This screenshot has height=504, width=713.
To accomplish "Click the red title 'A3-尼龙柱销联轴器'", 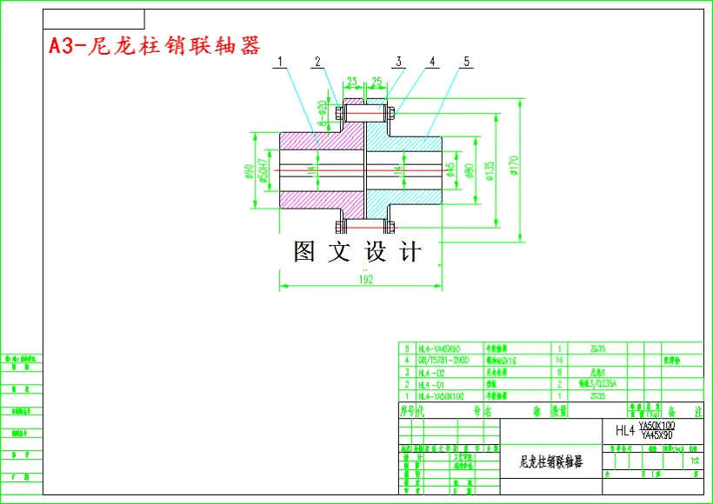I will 155,46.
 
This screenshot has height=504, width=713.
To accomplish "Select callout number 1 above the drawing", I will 282,62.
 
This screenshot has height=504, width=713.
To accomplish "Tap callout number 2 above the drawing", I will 318,62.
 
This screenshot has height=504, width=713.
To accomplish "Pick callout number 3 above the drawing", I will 398,62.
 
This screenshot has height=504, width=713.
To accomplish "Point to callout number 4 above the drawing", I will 431,62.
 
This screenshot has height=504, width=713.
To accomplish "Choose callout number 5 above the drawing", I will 467,62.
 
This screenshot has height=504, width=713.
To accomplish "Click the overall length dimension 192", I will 366,280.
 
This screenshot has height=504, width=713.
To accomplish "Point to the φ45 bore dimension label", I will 451,169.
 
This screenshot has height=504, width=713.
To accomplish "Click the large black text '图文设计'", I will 357,252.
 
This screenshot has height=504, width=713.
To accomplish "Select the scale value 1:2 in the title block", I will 694,460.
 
